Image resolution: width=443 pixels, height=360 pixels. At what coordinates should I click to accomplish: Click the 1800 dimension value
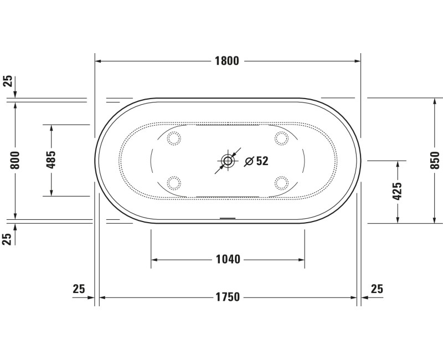click(x=227, y=61)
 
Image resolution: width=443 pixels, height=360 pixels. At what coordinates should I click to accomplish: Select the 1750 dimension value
click(x=227, y=297)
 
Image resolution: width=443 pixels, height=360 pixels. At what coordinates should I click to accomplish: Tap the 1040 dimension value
click(x=227, y=259)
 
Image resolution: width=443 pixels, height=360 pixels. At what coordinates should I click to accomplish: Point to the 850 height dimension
click(x=435, y=160)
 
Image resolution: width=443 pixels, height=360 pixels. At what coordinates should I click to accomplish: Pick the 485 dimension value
click(x=51, y=160)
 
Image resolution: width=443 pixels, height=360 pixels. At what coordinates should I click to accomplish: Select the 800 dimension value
click(x=16, y=160)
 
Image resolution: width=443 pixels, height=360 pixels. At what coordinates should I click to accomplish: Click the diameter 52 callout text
click(x=256, y=161)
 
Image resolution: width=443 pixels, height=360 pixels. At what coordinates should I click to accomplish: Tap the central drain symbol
click(x=228, y=161)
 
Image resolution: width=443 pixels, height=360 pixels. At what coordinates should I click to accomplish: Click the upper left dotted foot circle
click(x=174, y=138)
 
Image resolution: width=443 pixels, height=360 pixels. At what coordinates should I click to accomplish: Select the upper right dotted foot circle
click(x=281, y=138)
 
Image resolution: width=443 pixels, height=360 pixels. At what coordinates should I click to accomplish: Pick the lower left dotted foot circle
click(x=174, y=182)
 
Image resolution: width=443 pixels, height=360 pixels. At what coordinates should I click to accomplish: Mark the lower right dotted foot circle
click(x=281, y=182)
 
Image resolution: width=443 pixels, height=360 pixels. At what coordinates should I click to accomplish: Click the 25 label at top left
click(x=8, y=81)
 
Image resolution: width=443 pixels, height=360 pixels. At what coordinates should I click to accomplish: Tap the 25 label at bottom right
click(x=377, y=289)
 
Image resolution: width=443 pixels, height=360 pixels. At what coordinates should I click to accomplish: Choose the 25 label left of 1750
click(x=79, y=289)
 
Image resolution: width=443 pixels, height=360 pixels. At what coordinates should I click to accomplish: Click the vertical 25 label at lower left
click(x=8, y=239)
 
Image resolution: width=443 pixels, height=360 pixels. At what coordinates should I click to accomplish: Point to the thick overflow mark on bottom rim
click(x=228, y=218)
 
